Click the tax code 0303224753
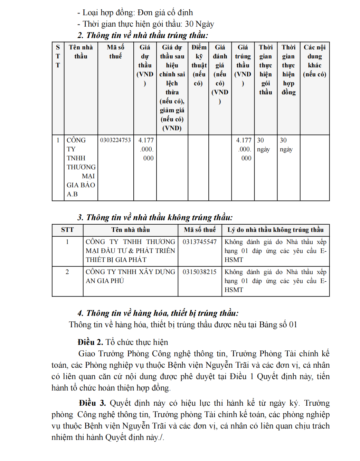[x=115, y=140]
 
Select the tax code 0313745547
[x=200, y=242]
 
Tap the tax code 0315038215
[x=200, y=272]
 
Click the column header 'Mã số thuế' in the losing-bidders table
[x=200, y=230]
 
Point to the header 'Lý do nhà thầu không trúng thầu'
[x=275, y=230]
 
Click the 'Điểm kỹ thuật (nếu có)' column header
[x=199, y=65]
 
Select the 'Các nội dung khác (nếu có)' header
[x=314, y=61]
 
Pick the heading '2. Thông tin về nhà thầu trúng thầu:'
[x=143, y=35]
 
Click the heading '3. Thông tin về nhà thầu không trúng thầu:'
[x=155, y=217]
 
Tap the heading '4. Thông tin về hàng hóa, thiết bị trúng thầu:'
[x=158, y=313]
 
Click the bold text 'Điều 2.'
[x=90, y=342]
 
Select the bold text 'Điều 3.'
[x=92, y=403]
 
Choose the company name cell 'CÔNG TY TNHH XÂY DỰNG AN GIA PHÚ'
[x=130, y=276]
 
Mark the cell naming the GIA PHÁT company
[x=130, y=251]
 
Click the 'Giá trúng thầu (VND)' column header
[x=243, y=65]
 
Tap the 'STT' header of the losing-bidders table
[x=67, y=230]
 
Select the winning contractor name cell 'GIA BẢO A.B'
[x=81, y=167]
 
